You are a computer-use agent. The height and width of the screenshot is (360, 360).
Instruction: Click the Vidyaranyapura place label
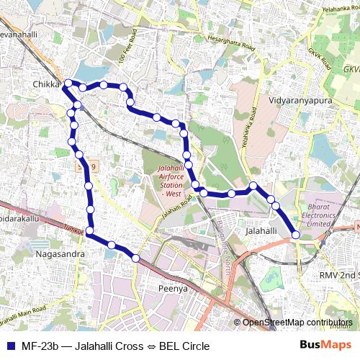pos(300,101)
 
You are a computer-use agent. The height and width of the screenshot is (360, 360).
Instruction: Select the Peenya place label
pos(172,288)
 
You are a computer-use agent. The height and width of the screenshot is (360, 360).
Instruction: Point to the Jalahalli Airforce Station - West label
pos(164,180)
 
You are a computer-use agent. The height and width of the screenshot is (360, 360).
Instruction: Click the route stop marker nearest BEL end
pos(296,234)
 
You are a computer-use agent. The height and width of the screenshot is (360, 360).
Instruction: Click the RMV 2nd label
pos(338,275)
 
